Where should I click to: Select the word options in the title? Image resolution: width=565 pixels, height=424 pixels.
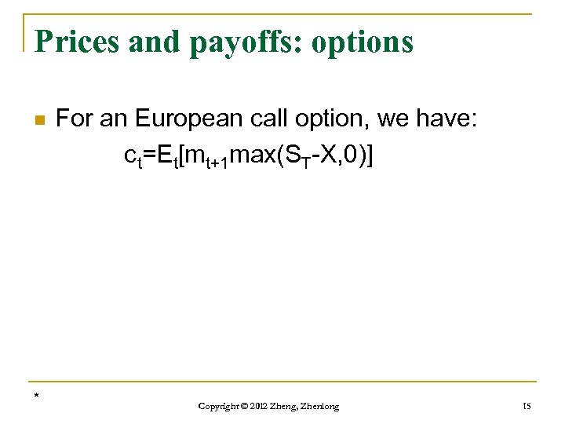362,42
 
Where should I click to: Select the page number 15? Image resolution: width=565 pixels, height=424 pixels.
525,406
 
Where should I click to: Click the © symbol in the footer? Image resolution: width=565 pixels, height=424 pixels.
248,406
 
